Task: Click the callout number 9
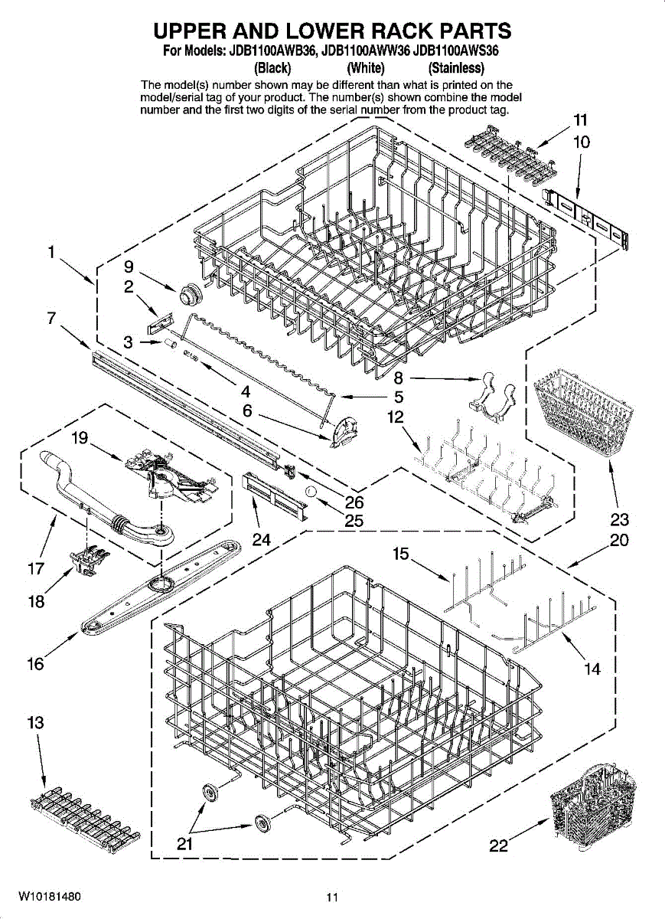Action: click(129, 267)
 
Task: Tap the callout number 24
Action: click(262, 539)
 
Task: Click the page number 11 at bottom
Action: click(331, 898)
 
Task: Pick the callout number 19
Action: click(80, 438)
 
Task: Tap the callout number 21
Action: click(184, 844)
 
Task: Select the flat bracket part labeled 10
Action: click(588, 219)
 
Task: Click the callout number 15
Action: click(400, 554)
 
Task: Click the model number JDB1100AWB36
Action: click(269, 52)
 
